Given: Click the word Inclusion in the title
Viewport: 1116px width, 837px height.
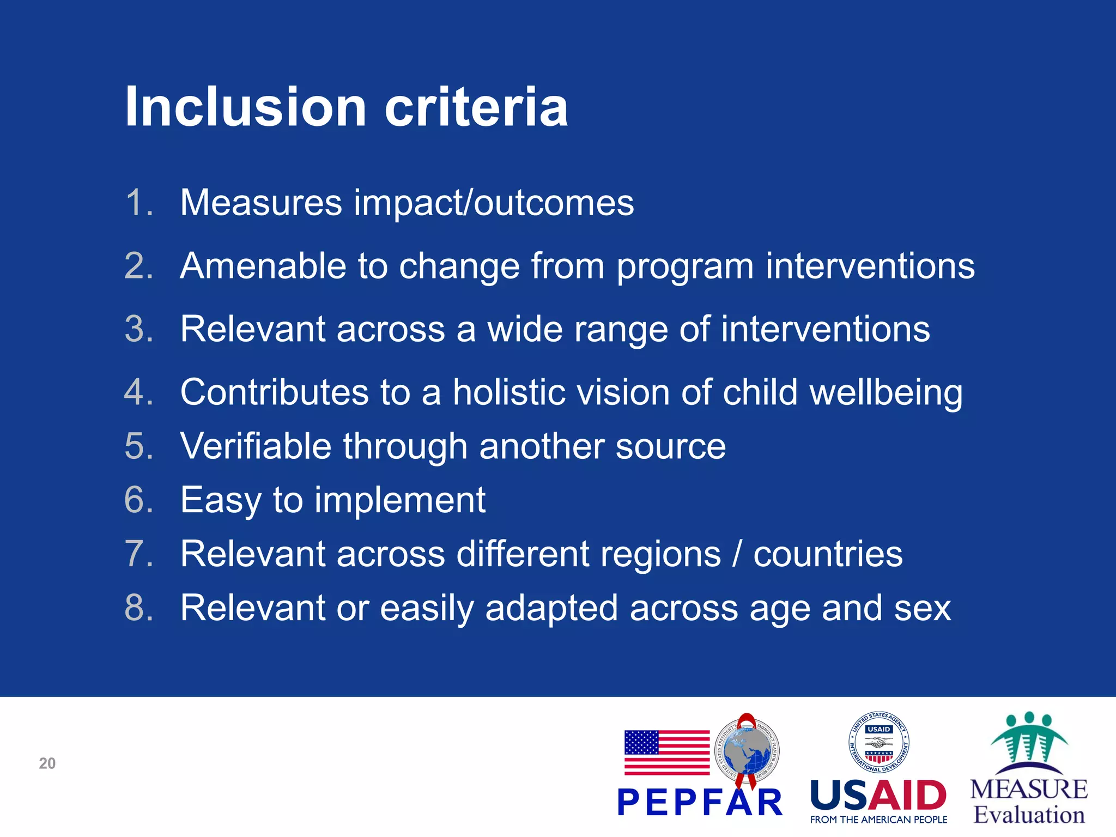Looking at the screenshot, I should [245, 107].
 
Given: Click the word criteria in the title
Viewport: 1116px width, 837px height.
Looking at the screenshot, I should [476, 107].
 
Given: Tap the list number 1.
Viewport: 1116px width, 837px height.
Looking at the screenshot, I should [138, 203].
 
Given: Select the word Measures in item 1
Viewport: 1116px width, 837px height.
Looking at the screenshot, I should [261, 203].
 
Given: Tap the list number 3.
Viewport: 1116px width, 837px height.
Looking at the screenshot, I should [138, 330].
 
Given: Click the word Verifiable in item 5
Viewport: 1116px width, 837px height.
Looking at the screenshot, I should [256, 446].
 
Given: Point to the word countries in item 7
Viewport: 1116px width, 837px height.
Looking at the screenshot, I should [828, 554].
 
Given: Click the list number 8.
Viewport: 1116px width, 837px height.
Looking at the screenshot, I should [138, 608].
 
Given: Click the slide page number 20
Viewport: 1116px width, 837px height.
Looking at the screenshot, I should [47, 763].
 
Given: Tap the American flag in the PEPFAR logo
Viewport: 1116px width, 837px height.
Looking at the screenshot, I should [666, 753].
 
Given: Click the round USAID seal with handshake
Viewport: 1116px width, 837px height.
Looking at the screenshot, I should [878, 742].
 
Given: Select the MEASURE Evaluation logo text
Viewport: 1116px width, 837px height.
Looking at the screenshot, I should [1029, 802].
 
